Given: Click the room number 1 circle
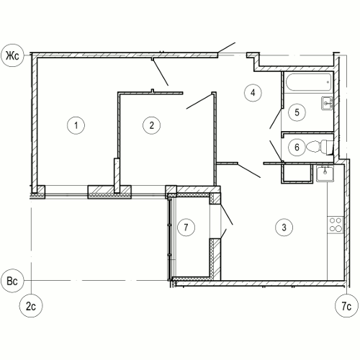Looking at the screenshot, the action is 76,125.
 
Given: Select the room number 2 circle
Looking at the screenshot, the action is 151,125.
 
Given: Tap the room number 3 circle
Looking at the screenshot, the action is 284,227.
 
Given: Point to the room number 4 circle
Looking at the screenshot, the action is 253,93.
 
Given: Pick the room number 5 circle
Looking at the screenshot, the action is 297,112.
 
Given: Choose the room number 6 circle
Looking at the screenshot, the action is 297,147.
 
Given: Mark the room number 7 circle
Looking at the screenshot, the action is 186,227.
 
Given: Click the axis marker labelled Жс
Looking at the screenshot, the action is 13,56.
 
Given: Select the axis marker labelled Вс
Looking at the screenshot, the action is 13,280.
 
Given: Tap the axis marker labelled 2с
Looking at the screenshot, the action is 31,306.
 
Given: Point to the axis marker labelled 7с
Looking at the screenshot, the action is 346,306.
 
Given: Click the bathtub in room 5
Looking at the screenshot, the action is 309,82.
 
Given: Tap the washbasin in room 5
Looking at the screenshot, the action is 327,103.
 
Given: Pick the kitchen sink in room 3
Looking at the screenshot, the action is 325,174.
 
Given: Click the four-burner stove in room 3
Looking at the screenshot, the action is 336,225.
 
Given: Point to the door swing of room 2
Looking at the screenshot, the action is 199,102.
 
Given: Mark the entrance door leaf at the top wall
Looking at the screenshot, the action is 226,48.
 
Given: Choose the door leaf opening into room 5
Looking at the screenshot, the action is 276,119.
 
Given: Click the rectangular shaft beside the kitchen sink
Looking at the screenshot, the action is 297,174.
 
